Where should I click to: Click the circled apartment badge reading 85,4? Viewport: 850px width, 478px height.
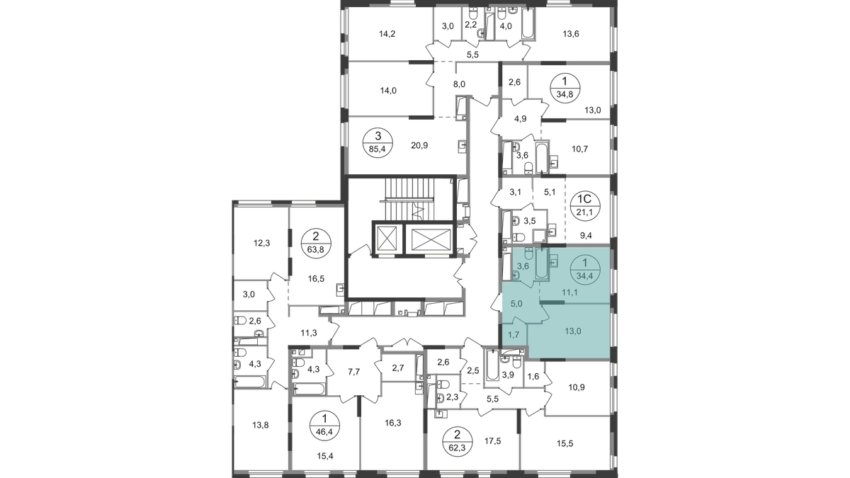click(378, 142)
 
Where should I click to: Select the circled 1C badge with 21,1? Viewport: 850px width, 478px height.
click(586, 205)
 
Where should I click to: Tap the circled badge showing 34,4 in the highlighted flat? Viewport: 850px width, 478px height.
click(586, 270)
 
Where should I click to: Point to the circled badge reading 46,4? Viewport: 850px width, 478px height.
click(325, 426)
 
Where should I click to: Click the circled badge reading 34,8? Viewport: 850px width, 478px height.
click(565, 87)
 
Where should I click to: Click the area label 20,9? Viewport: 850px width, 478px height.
click(419, 145)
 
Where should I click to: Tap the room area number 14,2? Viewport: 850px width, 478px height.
click(387, 34)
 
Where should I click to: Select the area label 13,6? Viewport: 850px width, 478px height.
click(571, 34)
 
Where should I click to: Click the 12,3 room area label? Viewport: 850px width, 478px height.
click(262, 243)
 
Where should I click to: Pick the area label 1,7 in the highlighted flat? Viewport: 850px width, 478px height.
click(513, 334)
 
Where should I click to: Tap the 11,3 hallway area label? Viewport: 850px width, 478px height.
click(309, 333)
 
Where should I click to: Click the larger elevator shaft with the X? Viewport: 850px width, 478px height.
click(429, 239)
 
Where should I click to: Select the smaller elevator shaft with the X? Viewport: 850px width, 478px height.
click(386, 239)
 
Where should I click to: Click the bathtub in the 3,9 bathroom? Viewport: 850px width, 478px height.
click(492, 365)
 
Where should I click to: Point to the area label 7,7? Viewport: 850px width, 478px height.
click(353, 372)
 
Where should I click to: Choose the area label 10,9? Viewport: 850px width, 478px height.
click(577, 387)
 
